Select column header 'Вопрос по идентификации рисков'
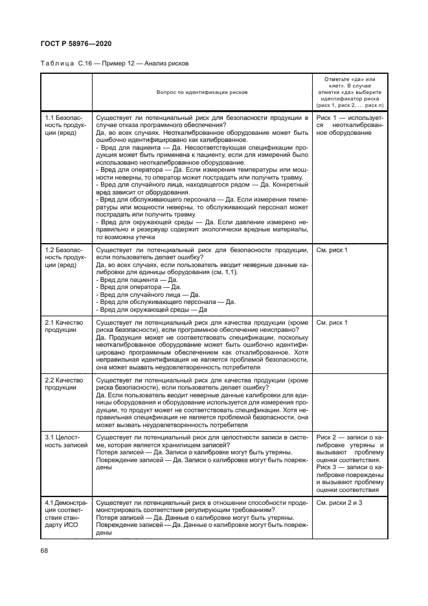click(201, 92)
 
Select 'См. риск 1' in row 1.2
click(332, 250)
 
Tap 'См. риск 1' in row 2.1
click(332, 322)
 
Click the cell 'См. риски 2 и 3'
click(339, 502)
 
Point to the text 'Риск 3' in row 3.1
click(327, 467)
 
